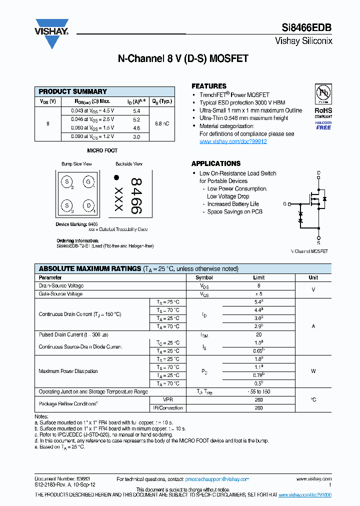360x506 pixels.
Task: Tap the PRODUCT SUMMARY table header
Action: click(73, 91)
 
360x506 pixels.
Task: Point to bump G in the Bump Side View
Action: click(88, 182)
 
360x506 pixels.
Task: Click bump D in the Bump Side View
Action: click(88, 205)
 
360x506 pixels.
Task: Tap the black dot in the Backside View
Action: click(116, 177)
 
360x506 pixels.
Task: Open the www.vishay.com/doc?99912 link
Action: click(233, 141)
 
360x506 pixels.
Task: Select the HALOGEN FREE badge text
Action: click(323, 125)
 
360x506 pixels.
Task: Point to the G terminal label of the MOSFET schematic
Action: click(285, 204)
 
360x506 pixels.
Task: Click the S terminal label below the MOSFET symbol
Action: click(318, 242)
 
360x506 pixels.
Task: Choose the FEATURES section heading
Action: click(209, 86)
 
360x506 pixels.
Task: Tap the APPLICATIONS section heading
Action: click(216, 163)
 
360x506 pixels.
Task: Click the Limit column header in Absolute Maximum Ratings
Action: click(258, 277)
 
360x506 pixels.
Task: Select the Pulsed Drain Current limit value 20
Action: click(258, 334)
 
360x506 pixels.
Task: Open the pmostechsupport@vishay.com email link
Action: click(217, 479)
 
